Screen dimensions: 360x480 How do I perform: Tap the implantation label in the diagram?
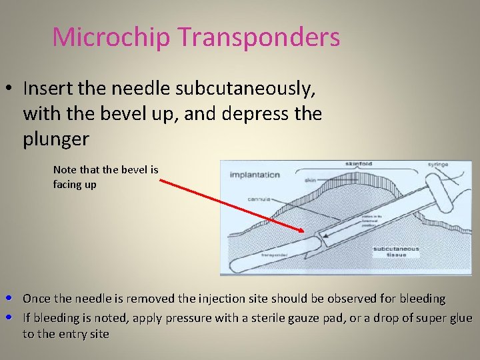click(x=255, y=175)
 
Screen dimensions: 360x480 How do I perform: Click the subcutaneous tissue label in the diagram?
click(x=396, y=253)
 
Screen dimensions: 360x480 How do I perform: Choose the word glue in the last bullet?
click(x=460, y=317)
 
